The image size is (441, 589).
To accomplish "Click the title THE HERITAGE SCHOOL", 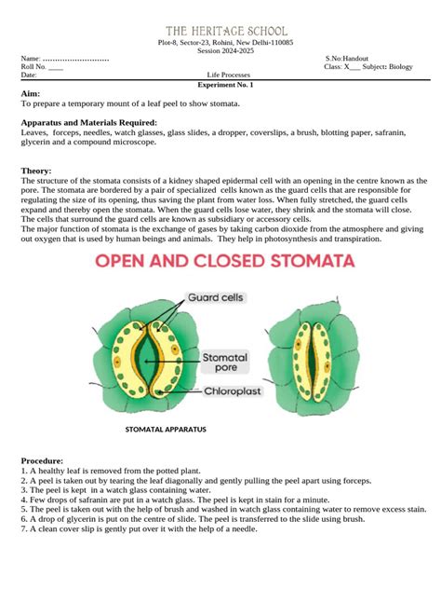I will point(226,32).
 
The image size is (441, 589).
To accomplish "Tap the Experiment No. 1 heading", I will point(226,85).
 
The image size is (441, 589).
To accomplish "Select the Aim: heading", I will point(31,95).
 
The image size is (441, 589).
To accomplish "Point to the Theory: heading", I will point(36,171).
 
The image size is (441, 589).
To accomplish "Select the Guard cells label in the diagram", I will point(216,298).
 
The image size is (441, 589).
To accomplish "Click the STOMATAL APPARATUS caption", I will point(165,431).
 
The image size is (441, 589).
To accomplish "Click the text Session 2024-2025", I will point(226,50).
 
